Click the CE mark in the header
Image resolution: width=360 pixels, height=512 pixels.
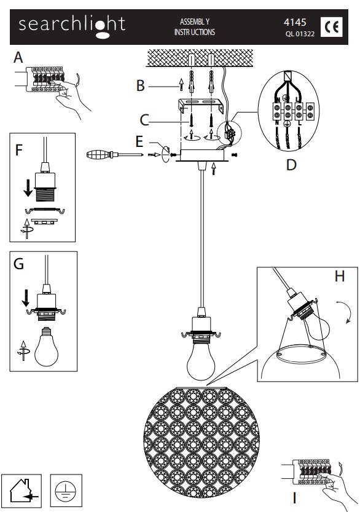point(331,27)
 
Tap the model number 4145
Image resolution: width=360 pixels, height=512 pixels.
point(295,22)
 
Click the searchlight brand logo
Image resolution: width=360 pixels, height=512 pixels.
point(72,26)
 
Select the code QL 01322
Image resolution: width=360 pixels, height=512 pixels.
point(300,34)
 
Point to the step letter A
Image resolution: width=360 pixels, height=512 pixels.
point(18,58)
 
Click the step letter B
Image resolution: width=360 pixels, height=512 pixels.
point(140,85)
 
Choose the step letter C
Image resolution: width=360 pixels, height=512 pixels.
point(144,120)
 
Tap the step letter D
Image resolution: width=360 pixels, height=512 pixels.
point(291,165)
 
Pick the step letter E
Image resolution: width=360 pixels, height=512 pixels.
point(139,142)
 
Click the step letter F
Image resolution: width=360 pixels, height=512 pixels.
point(19,150)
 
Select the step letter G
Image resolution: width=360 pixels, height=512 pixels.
point(18,264)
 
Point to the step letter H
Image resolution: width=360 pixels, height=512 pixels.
point(340,276)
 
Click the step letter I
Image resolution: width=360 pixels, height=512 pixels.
point(295,498)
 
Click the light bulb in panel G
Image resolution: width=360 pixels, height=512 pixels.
point(46,347)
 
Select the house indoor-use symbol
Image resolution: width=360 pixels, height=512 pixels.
point(22,490)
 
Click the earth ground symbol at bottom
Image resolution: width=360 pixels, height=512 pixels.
point(66,490)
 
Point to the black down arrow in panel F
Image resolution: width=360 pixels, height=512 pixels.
point(28,187)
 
